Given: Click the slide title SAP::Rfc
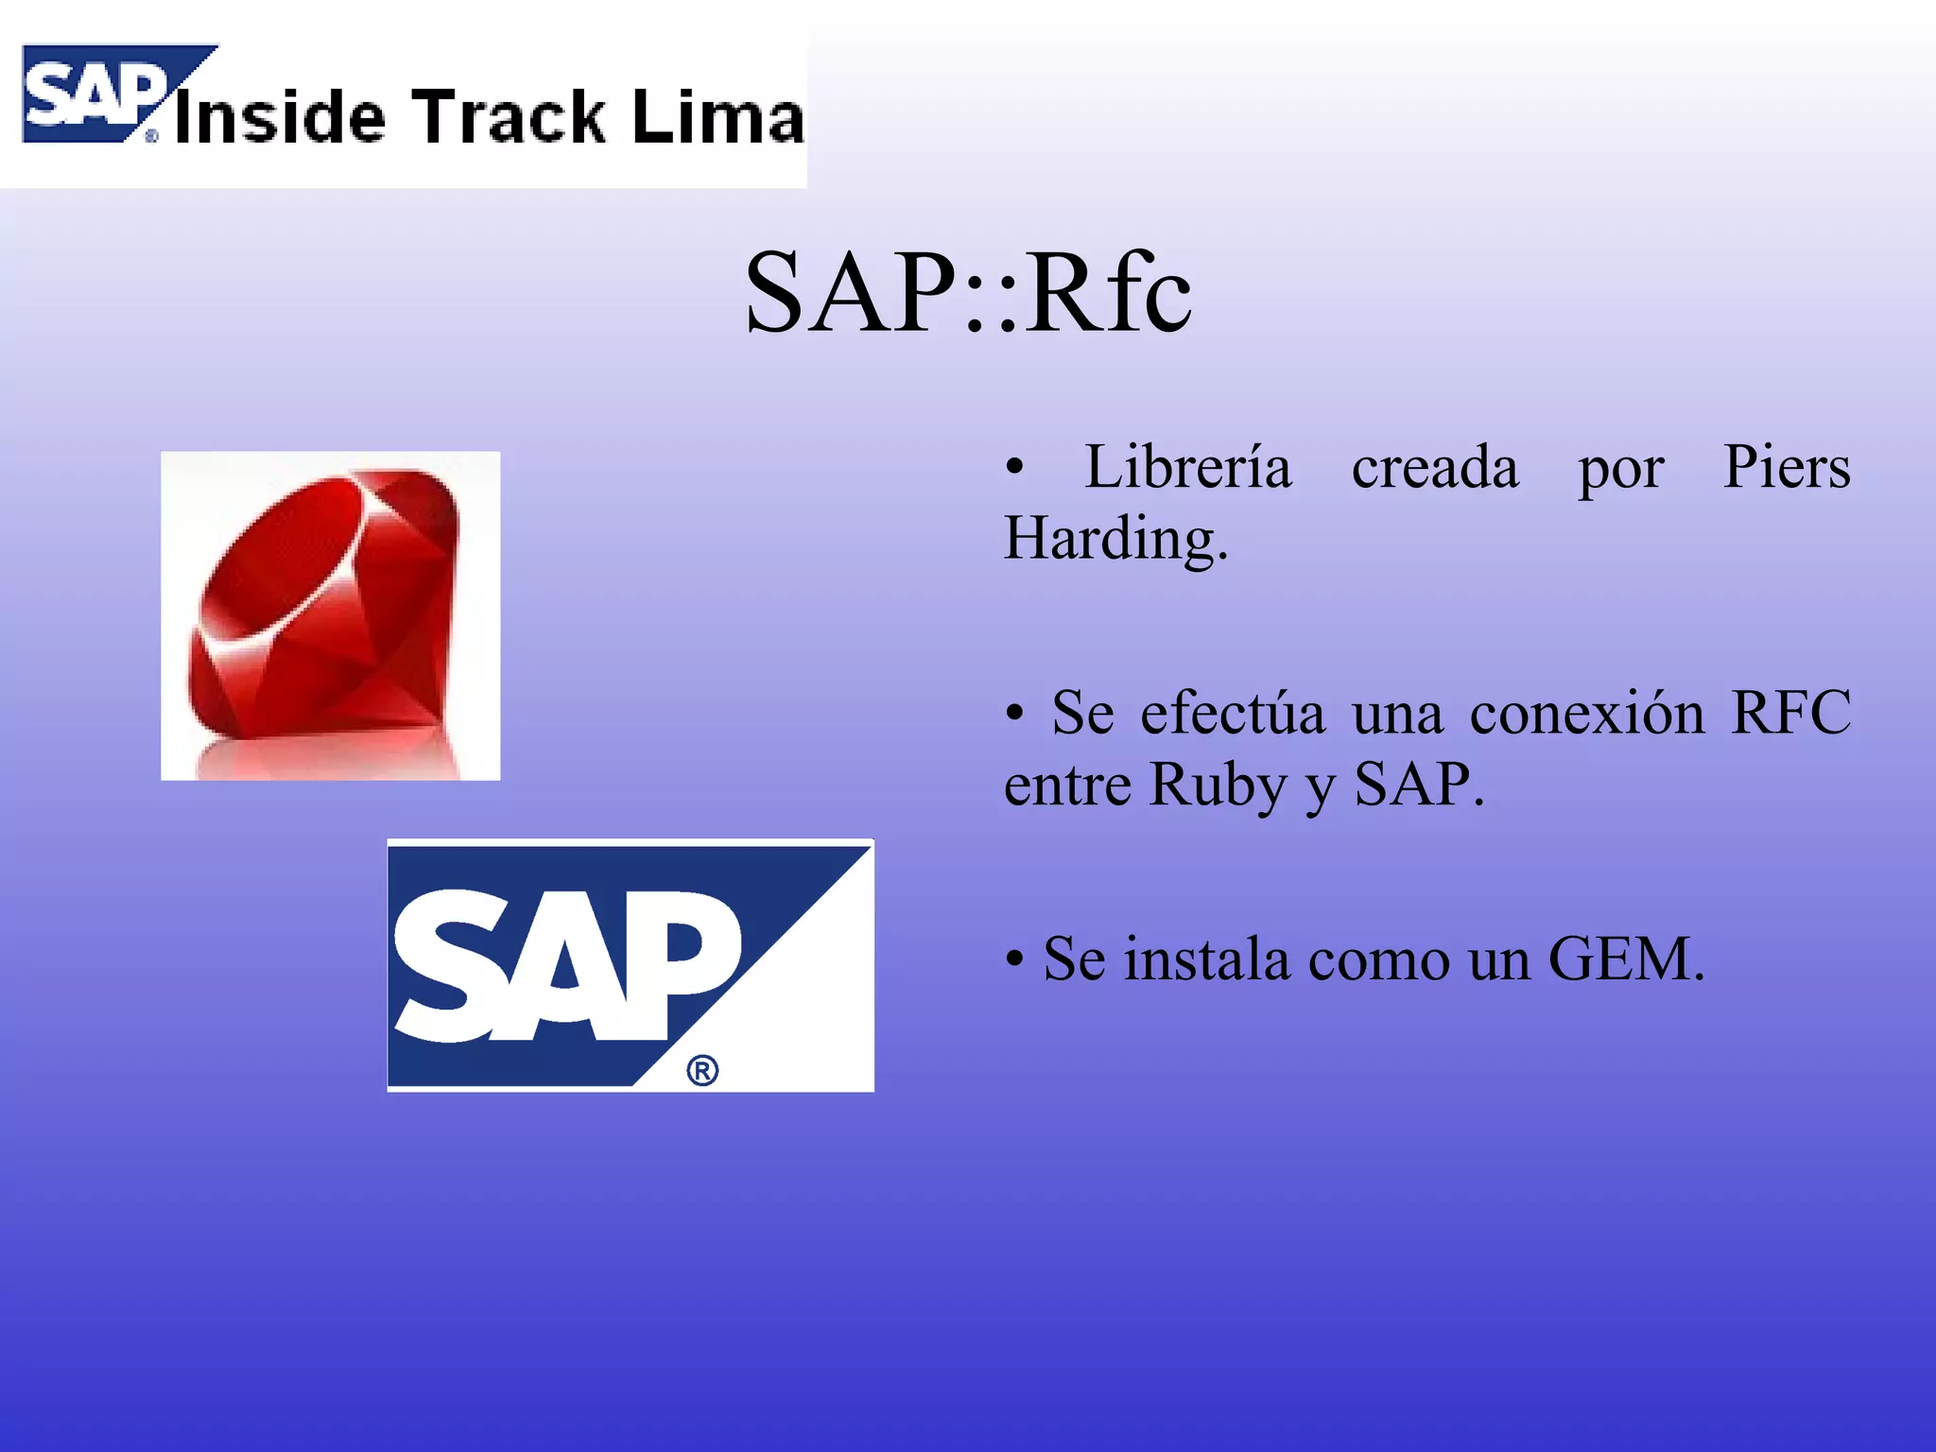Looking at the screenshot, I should [968, 293].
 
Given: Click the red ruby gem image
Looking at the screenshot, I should [330, 614].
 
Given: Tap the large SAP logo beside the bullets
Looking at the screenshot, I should [630, 964].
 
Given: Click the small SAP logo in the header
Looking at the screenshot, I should [95, 95].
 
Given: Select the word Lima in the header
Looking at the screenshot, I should [718, 117].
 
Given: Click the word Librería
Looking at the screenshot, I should [1187, 467].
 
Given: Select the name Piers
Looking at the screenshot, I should [1786, 467].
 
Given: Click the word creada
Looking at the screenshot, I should [1434, 469].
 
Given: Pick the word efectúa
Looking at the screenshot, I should [1232, 714].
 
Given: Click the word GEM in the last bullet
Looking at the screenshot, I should [1625, 960].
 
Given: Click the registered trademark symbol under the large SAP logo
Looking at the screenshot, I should [702, 1071].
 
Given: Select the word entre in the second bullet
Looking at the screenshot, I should [1067, 786].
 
